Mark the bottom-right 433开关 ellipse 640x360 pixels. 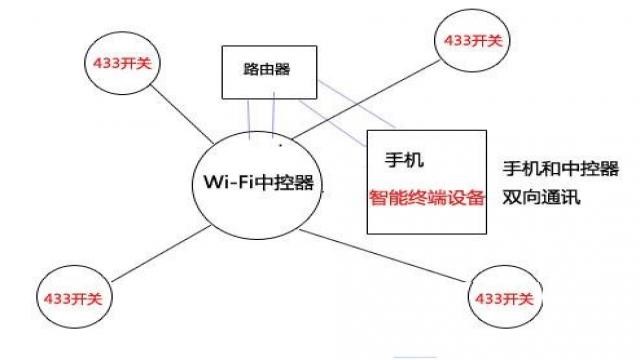point(506,298)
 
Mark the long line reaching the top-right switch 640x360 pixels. point(370,95)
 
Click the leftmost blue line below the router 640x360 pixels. point(250,118)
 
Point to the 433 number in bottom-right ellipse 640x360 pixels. point(490,299)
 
